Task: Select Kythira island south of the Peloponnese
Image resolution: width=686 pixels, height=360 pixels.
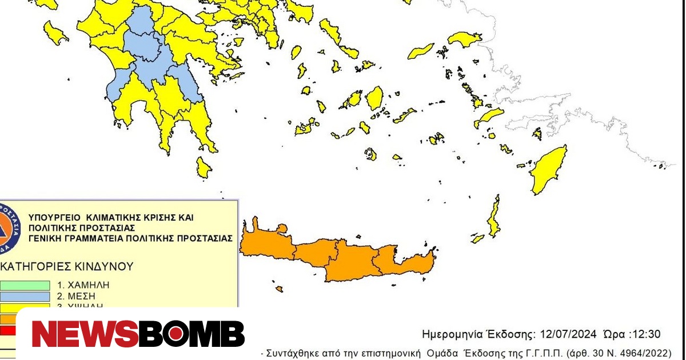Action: pos(203,166)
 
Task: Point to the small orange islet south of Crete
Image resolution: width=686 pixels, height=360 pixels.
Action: pos(279,289)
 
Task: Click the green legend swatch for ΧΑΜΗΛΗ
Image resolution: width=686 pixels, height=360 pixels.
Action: pos(25,285)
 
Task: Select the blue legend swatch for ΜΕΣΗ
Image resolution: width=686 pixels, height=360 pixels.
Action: pos(25,296)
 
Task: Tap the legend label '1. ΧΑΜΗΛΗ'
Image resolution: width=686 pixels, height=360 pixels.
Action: pos(82,285)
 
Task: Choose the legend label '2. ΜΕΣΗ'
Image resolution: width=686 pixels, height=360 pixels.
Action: pos(76,296)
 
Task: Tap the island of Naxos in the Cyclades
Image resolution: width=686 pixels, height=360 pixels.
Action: pos(374,98)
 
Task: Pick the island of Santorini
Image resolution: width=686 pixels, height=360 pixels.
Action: pos(370,154)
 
